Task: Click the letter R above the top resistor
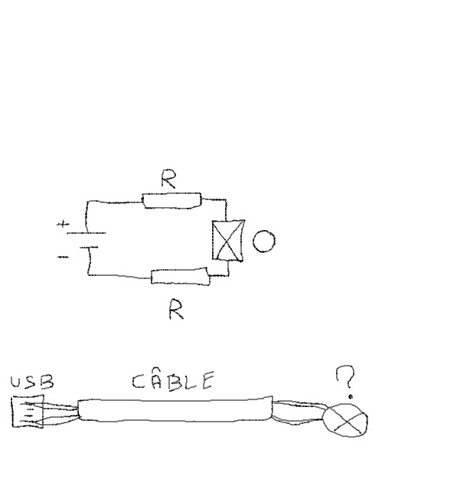[169, 179]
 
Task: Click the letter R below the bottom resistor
[176, 310]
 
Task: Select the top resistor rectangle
[172, 200]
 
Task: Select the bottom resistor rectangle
[180, 276]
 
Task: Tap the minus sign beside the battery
[63, 257]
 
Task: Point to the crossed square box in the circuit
[228, 241]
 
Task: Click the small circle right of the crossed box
[263, 241]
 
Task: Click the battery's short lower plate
[89, 248]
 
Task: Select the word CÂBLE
[173, 380]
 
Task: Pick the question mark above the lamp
[346, 380]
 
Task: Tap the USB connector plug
[28, 412]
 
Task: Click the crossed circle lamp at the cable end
[344, 421]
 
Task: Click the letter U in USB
[18, 382]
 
